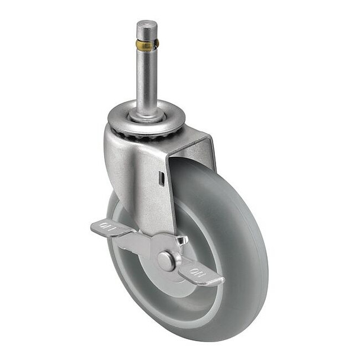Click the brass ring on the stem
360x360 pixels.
pos(147,44)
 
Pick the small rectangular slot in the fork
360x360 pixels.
pos(161,178)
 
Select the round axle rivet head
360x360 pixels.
pos(166,261)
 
